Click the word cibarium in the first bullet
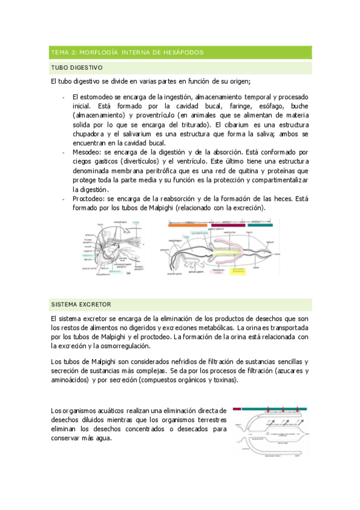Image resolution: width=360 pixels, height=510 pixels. [x=239, y=124]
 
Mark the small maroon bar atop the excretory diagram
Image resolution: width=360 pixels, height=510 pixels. [x=237, y=408]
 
